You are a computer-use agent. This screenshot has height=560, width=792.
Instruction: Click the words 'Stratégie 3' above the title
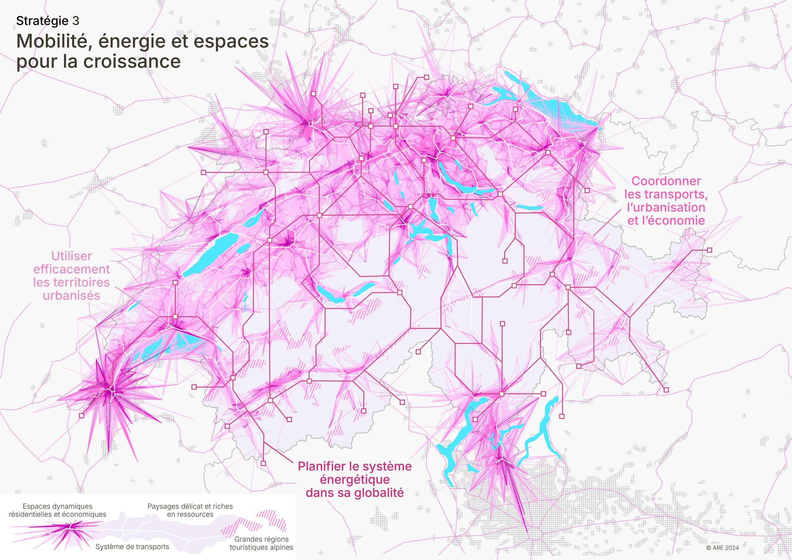[x=48, y=21]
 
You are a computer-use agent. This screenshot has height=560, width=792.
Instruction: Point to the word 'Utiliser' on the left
[x=71, y=256]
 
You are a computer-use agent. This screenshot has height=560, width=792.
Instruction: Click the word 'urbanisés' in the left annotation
[x=71, y=296]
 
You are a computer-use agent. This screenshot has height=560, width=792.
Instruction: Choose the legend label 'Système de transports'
[x=132, y=547]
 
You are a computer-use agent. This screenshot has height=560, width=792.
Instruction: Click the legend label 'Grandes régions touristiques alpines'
[x=261, y=543]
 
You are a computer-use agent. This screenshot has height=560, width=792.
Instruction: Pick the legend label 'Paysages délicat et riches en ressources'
[x=190, y=510]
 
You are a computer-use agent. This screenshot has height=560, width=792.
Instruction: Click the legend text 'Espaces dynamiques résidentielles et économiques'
[x=58, y=510]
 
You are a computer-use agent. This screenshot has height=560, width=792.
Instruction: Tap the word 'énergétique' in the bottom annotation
[x=355, y=480]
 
